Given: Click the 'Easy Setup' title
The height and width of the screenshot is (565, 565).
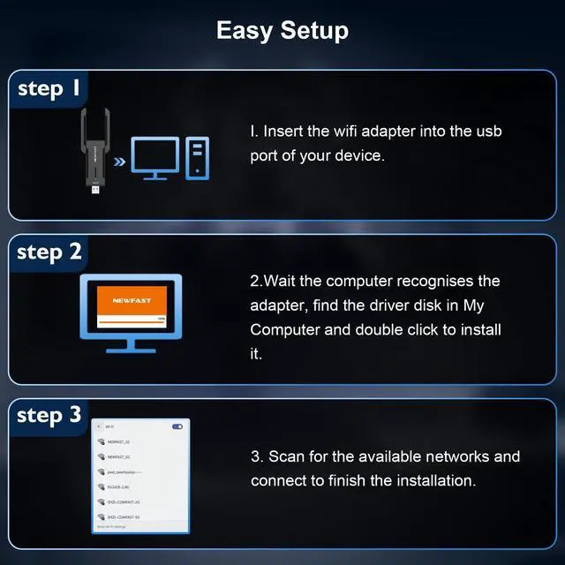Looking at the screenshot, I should point(282,30).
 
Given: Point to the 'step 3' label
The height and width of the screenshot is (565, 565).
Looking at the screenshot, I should point(50,415).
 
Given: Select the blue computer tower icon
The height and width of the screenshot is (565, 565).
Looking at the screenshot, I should point(197,158).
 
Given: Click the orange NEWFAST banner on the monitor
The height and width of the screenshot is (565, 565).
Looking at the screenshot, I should point(132,300).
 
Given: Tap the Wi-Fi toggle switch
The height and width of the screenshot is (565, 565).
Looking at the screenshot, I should point(177,426).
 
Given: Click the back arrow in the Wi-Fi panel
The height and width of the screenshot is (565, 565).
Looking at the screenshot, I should point(97,426).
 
